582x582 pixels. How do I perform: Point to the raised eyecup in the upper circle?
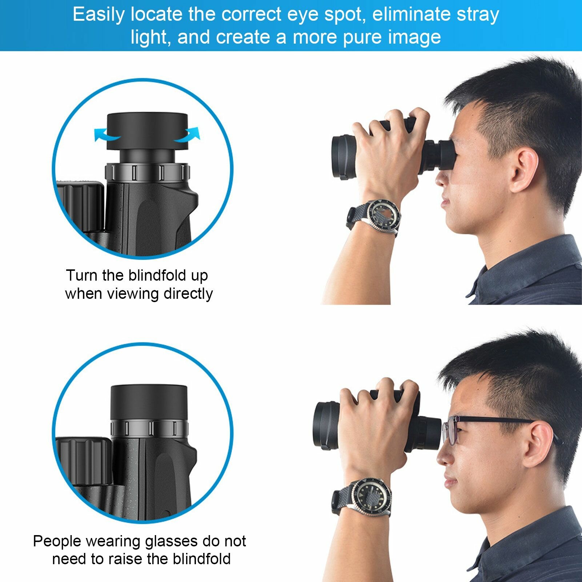147,131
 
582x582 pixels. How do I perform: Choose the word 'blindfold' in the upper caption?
157,276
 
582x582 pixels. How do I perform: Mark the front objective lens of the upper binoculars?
344,157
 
